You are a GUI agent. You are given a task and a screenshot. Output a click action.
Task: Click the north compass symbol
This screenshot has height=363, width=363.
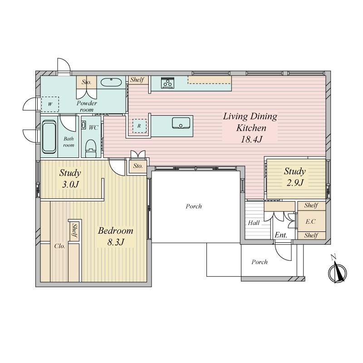[x=337, y=271]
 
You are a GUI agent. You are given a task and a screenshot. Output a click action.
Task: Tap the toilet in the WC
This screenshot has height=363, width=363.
[x=90, y=148]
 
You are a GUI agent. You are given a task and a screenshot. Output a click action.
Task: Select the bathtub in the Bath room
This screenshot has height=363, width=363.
[x=49, y=137]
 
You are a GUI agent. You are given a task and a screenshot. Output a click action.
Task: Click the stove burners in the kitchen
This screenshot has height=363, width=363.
[x=167, y=83]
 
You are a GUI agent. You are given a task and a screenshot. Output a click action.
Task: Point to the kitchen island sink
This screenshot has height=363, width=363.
[x=181, y=123]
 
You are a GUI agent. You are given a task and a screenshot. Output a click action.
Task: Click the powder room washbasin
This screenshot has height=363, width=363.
[x=111, y=82]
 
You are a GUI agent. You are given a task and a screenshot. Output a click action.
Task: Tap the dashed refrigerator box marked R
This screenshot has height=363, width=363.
[x=139, y=126]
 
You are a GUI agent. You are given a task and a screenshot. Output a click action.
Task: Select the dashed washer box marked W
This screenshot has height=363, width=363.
[x=50, y=104]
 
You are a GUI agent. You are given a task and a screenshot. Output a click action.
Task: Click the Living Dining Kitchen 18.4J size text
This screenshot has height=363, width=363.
[x=251, y=139]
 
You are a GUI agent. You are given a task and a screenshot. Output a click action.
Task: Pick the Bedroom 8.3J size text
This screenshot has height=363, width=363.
[x=116, y=242]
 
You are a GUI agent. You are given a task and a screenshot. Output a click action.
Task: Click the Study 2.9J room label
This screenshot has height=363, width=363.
[x=294, y=177]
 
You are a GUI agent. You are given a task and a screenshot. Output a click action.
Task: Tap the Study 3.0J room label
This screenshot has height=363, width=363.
[x=70, y=179]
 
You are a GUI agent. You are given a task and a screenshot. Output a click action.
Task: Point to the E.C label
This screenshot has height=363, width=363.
[x=310, y=221]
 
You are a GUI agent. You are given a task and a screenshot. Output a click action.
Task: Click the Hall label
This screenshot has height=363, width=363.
[x=254, y=223]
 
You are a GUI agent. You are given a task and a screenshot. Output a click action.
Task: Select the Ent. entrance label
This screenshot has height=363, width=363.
[x=281, y=235]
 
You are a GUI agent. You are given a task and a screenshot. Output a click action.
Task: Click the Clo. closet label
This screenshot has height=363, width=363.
[x=59, y=246]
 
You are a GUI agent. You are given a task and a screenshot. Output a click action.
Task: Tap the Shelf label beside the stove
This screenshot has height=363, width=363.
[x=137, y=80]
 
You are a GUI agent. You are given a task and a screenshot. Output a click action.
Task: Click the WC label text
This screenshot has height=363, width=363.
[x=93, y=128]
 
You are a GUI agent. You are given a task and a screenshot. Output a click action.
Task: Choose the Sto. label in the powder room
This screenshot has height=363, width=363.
[x=86, y=82]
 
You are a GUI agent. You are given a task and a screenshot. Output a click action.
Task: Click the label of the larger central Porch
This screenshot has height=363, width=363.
[x=194, y=206]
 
